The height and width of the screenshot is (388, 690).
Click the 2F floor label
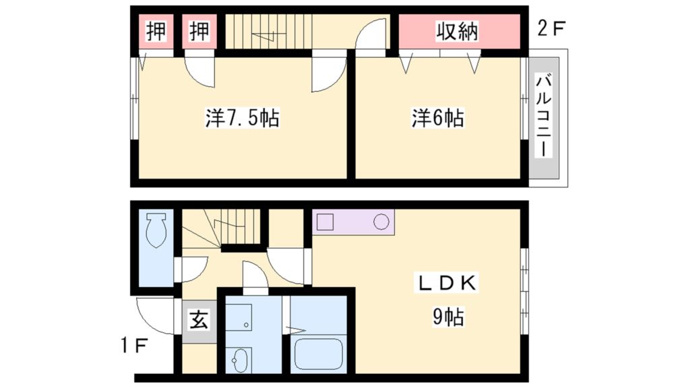[x=550, y=29]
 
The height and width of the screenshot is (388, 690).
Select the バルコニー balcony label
[x=544, y=117]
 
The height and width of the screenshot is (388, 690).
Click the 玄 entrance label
[x=197, y=319]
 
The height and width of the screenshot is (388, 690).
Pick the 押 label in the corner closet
[x=156, y=32]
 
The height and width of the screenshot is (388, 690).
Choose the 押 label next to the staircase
[x=199, y=32]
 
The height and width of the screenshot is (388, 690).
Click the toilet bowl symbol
[x=157, y=230]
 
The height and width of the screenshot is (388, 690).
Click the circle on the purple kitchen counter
[x=381, y=222]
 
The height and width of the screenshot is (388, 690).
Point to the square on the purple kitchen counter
[x=326, y=222]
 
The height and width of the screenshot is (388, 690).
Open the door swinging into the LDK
[x=290, y=266]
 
